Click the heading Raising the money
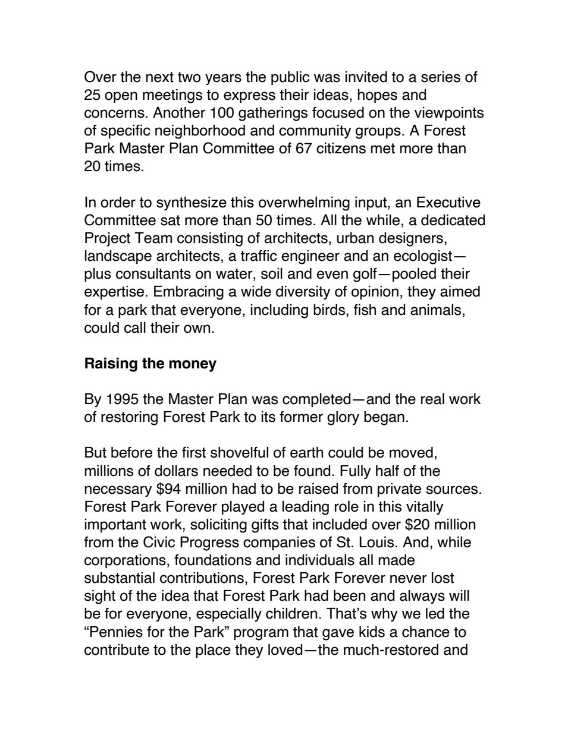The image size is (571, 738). click(150, 363)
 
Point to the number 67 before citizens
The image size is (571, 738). click(303, 149)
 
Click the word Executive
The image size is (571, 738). click(446, 203)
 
